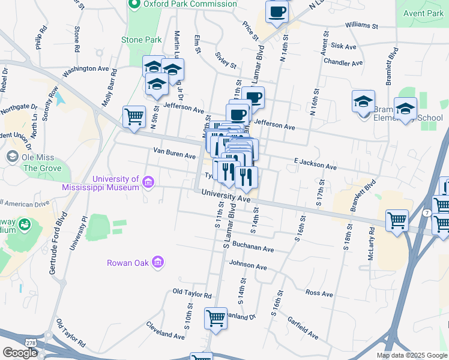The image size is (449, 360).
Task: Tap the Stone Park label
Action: click(141, 40)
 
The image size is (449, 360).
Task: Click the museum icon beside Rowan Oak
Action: click(158, 262)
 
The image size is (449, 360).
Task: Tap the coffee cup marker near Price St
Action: click(277, 12)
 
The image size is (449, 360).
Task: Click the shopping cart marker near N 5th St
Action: click(134, 116)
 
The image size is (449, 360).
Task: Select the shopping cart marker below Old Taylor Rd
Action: click(215, 318)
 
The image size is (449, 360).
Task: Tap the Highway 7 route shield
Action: click(425, 214)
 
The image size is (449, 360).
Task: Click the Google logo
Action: click(20, 353)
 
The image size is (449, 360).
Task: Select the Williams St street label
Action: click(361, 26)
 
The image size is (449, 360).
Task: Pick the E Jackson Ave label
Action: click(315, 164)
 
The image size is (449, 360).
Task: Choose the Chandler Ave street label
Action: click(343, 62)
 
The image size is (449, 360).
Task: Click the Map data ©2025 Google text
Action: click(411, 355)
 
